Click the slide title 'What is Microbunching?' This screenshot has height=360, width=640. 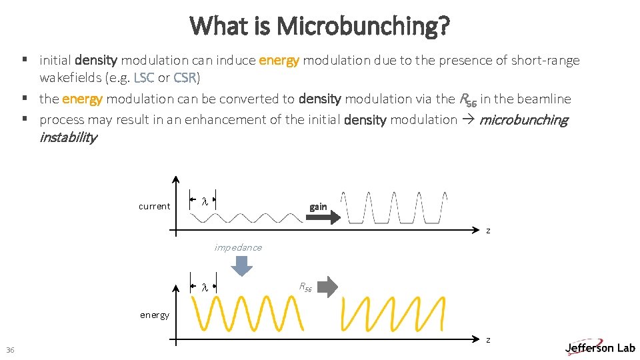320,26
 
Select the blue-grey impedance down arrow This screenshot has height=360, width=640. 241,265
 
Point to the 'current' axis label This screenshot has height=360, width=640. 154,207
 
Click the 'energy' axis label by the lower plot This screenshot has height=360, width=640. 154,315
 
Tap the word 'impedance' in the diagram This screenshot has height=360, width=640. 238,247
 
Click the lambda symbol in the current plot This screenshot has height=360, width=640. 205,201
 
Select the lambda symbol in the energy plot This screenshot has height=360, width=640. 205,287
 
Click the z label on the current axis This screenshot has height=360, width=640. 488,231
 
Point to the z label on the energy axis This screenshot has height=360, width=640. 488,340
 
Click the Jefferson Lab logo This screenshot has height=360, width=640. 599,347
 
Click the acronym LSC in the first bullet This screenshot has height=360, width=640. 144,77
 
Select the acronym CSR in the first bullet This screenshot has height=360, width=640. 185,77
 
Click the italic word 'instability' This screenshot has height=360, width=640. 68,138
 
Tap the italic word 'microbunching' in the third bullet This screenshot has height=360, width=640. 523,120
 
